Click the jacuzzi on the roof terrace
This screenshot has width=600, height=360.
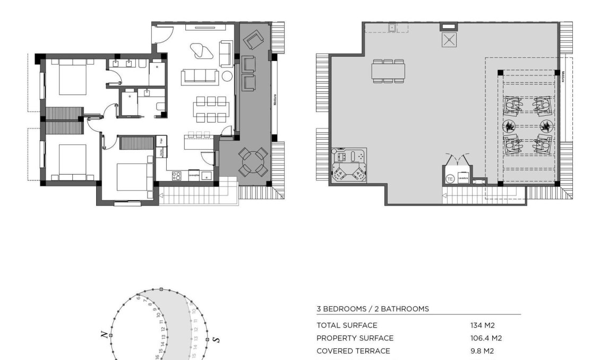point(349,165)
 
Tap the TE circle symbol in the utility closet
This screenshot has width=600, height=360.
point(450,178)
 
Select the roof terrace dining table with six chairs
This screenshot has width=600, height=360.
point(388,71)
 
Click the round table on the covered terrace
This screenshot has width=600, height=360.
point(253,162)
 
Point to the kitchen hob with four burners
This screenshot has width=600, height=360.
point(177,175)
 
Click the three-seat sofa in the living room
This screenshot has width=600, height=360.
point(200,76)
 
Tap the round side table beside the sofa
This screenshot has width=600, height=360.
point(227,76)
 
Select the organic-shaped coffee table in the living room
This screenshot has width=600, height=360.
point(201,51)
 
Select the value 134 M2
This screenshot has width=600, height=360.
point(482,325)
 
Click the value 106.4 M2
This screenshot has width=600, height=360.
point(486,338)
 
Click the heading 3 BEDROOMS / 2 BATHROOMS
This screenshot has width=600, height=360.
point(372,308)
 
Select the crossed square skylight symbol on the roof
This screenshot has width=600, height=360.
point(449,40)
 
